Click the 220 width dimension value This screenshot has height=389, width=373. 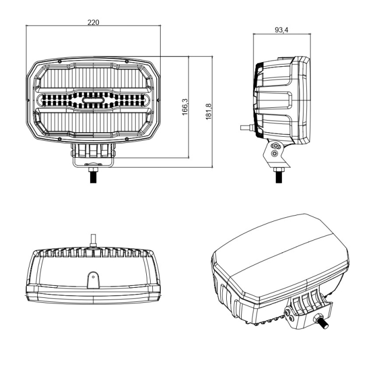pos(93,23)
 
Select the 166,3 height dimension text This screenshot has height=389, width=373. pos(185,107)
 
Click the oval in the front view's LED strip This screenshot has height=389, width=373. pos(93,101)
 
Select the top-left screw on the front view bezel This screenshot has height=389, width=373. pos(59,61)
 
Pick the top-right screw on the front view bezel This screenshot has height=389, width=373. pos(127,61)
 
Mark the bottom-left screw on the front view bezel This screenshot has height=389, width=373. pos(59,137)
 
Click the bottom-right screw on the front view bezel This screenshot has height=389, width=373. pos(127,137)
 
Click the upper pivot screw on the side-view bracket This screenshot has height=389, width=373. pos(275,145)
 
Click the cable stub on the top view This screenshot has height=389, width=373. pos(93,241)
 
